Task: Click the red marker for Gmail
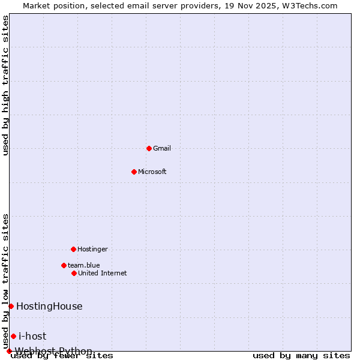click(149, 148)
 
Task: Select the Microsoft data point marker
click(134, 172)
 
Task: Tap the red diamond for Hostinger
click(73, 249)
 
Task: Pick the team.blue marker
click(64, 265)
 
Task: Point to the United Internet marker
click(74, 273)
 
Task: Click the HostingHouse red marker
click(11, 306)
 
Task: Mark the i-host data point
click(13, 336)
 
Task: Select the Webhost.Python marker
click(9, 351)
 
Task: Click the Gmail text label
click(162, 148)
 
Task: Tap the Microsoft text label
click(152, 172)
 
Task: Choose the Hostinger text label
click(92, 249)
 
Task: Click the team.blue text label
click(84, 265)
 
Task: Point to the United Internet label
click(103, 273)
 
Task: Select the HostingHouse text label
click(49, 306)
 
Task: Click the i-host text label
click(32, 336)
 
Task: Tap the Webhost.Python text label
click(54, 351)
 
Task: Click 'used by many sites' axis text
click(301, 356)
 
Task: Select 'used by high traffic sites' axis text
click(5, 85)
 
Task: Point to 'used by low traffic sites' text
click(5, 281)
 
